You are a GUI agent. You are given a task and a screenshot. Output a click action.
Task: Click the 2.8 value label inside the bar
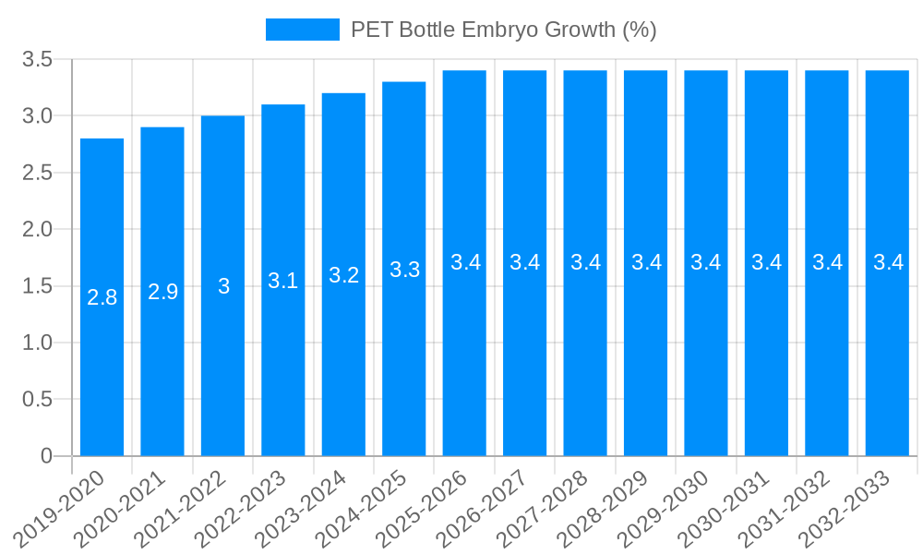(102, 297)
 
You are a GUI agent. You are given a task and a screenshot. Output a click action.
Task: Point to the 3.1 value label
(283, 281)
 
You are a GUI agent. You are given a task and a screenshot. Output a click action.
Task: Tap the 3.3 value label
(404, 270)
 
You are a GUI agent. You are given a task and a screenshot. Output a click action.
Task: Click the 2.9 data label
(162, 292)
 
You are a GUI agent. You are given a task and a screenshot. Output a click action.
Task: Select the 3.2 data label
(343, 275)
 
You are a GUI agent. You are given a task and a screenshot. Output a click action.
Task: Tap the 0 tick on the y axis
(47, 456)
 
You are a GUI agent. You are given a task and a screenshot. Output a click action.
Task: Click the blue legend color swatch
(302, 30)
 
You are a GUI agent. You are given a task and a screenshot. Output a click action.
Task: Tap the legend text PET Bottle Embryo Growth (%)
(503, 30)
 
